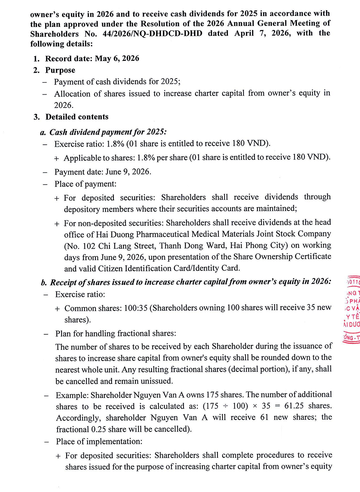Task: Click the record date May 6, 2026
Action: tap(117, 58)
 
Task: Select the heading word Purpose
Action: tap(60, 70)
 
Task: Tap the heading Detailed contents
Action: tap(77, 117)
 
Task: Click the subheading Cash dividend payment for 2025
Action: tap(108, 132)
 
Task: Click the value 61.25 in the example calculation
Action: tap(294, 406)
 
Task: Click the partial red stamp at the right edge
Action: tap(352, 310)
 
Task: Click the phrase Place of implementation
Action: tap(99, 442)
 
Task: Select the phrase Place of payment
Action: tap(85, 184)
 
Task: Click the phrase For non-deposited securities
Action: tap(113, 223)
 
